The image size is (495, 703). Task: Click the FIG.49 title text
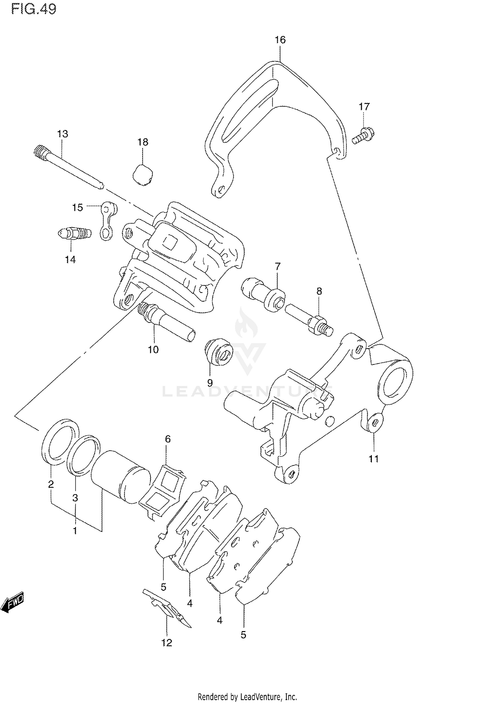tap(34, 9)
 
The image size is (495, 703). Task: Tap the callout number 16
tap(280, 40)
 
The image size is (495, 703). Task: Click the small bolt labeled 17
tap(363, 136)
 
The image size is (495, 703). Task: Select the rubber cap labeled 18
tap(143, 175)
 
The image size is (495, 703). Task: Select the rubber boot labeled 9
tap(219, 352)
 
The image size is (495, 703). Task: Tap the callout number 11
tap(374, 459)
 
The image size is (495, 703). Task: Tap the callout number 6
tap(168, 439)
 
